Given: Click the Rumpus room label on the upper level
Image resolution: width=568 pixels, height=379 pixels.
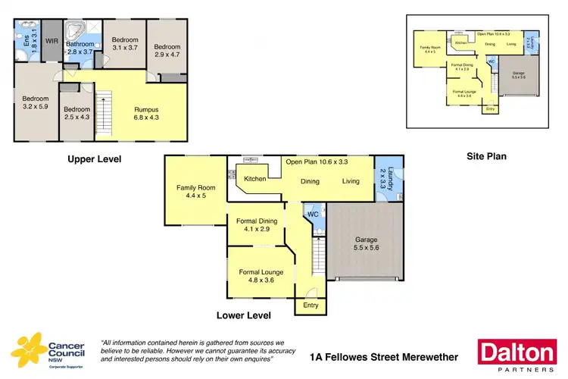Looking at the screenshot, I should [145, 113].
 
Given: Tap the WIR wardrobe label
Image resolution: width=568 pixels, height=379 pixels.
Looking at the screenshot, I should [52, 41].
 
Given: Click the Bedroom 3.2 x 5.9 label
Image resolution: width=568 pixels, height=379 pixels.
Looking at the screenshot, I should [35, 103].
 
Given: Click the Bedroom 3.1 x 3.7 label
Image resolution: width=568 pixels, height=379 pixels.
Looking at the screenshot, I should [125, 43].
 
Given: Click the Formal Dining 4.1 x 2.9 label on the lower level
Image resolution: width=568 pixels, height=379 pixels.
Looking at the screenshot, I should [255, 225].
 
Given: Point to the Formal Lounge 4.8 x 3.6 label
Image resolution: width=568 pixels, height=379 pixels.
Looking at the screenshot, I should [256, 275].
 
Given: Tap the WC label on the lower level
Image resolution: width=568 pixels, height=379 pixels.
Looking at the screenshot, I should [311, 215].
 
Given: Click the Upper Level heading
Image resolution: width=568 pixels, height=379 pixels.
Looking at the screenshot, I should [94, 159].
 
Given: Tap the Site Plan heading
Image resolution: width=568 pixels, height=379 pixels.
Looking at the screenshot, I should [485, 156].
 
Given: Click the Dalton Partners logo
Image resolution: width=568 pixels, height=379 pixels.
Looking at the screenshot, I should [515, 356].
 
